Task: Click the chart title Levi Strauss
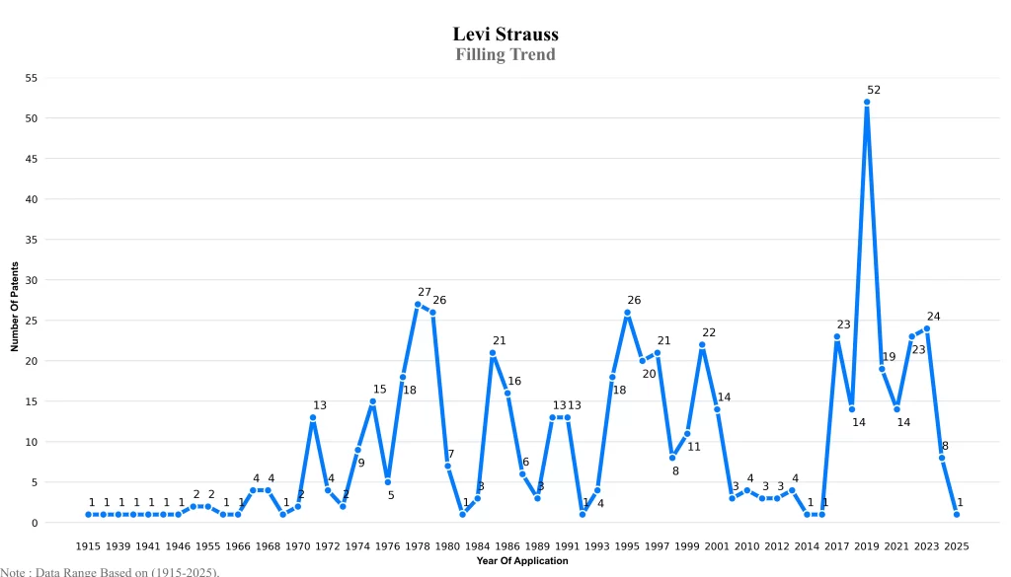[x=505, y=35]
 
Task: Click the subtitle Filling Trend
[x=505, y=54]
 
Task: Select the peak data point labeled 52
[x=867, y=102]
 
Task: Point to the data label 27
[x=425, y=292]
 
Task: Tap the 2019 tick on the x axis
[x=867, y=545]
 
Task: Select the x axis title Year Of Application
[x=521, y=560]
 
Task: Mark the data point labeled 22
[x=702, y=345]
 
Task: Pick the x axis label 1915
[x=88, y=545]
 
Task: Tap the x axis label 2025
[x=957, y=545]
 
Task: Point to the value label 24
[x=933, y=317]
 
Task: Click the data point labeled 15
[x=372, y=401]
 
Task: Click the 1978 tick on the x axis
[x=418, y=545]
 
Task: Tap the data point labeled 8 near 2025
[x=942, y=458]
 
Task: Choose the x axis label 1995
[x=627, y=545]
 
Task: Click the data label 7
[x=451, y=455]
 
